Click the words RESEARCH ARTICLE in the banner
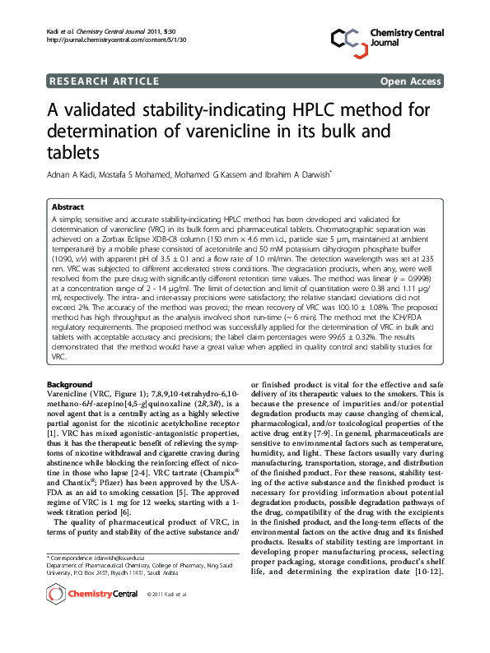105,81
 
